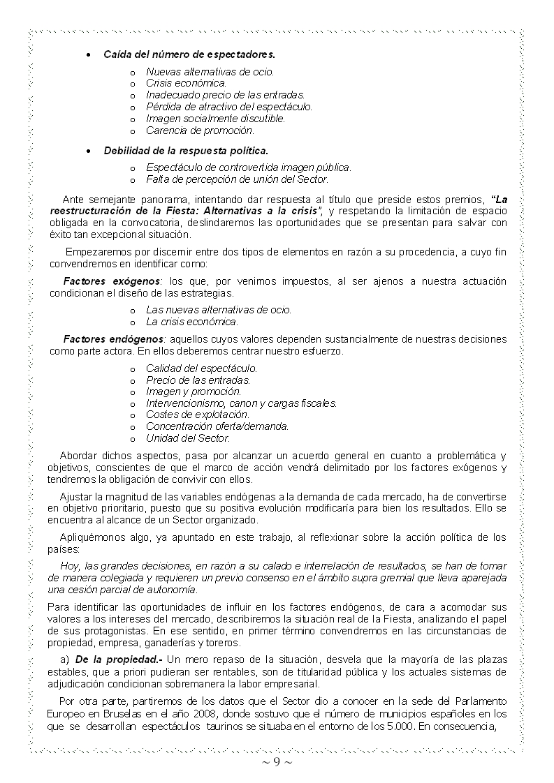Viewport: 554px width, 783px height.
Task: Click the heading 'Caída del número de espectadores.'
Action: click(189, 54)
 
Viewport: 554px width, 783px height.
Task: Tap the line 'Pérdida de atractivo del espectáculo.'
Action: click(228, 107)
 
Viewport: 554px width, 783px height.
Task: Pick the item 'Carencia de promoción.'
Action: click(200, 130)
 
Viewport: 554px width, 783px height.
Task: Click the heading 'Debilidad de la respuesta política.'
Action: click(186, 150)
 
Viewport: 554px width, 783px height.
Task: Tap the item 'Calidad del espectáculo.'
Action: click(201, 368)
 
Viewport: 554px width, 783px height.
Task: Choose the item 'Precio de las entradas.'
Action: click(198, 380)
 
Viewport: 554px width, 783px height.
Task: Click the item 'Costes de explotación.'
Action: click(197, 415)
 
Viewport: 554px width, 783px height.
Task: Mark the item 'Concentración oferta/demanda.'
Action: click(217, 426)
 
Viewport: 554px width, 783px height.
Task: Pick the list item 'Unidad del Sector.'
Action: click(187, 438)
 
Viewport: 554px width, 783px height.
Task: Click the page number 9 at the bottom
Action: click(277, 761)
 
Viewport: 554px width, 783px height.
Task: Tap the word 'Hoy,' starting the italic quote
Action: click(70, 566)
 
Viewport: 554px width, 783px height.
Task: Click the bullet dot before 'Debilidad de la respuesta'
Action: click(87, 151)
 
